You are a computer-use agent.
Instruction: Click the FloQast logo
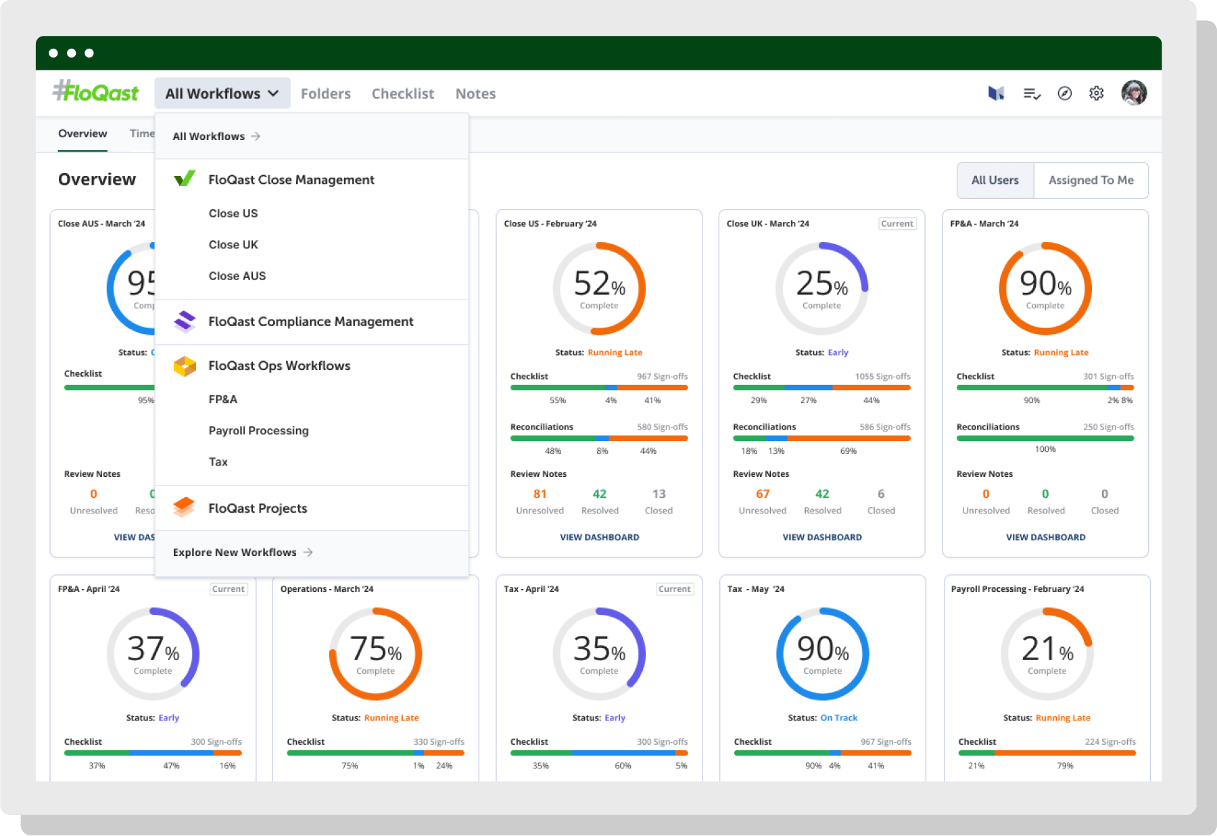(96, 92)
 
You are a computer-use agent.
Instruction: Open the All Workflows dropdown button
(222, 93)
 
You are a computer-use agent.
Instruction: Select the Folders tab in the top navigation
(326, 93)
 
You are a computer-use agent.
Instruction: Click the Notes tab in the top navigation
(475, 93)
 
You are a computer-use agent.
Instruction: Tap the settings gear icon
(1097, 93)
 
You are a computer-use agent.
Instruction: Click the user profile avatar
(1134, 93)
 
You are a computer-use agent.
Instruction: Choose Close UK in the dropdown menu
(233, 245)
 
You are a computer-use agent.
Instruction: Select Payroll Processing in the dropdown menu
(258, 431)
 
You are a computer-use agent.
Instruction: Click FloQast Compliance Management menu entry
(310, 322)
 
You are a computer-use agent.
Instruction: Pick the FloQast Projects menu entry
(258, 509)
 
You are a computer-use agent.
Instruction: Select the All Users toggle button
(995, 181)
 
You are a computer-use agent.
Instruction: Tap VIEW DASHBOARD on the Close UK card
(822, 538)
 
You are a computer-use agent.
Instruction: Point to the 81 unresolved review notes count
(540, 494)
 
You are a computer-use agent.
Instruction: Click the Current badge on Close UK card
(897, 224)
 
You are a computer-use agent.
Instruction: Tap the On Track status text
(838, 718)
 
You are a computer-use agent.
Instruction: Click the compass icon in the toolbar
(1065, 93)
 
